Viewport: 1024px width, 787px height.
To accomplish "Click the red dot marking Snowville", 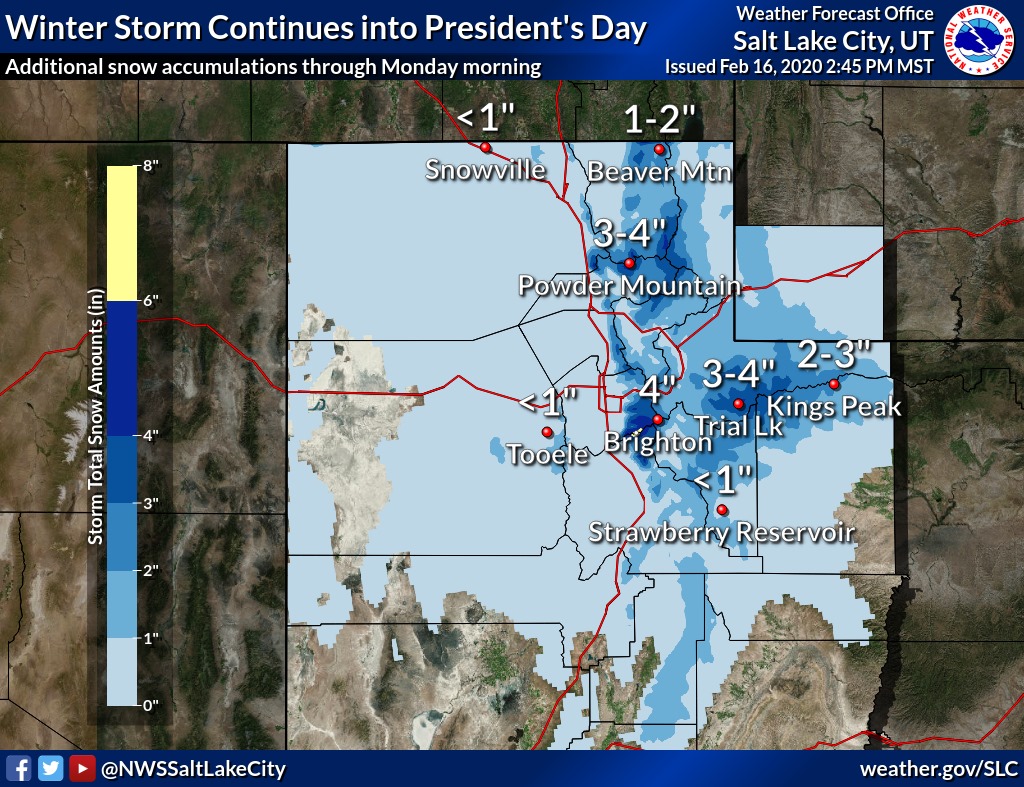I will coord(485,147).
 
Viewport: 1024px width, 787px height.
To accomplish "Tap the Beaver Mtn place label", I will coord(659,171).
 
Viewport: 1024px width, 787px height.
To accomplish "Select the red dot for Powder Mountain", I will coord(629,264).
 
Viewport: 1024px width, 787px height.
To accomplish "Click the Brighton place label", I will coord(650,441).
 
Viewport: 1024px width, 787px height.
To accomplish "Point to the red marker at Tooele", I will coord(547,432).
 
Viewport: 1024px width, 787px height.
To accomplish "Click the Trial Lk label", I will coord(739,426).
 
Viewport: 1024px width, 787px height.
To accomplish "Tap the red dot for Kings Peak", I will coord(834,384).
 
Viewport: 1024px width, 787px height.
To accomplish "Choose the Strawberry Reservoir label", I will coord(722,532).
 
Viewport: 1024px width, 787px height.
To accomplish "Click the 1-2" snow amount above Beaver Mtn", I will coord(659,120).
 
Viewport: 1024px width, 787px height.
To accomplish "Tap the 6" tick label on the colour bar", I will coord(151,300).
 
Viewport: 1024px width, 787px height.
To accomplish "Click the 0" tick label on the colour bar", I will coord(151,705).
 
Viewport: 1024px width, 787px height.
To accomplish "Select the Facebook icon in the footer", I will coord(18,769).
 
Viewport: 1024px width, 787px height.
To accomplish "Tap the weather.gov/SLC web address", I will coord(938,769).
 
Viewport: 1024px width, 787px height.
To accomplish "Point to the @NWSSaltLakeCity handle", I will coord(193,769).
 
